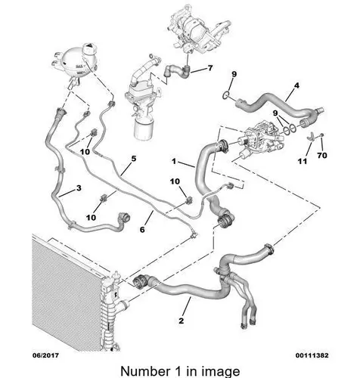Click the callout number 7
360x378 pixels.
click(210, 68)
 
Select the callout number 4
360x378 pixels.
click(296, 86)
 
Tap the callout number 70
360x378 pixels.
click(322, 155)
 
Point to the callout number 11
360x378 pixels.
click(303, 161)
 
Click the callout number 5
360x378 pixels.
click(134, 159)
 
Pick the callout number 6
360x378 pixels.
click(142, 230)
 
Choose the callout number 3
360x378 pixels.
click(79, 187)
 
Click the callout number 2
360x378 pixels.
click(182, 321)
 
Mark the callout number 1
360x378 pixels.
click(174, 161)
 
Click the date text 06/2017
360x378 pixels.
click(45, 355)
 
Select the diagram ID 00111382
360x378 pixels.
click(312, 355)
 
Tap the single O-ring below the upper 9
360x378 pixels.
click(226, 95)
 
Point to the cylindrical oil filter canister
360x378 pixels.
click(144, 129)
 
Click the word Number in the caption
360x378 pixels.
click(145, 371)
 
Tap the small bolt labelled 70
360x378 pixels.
click(322, 135)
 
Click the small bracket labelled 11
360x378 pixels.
click(311, 135)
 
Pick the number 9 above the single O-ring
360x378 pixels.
click(234, 74)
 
